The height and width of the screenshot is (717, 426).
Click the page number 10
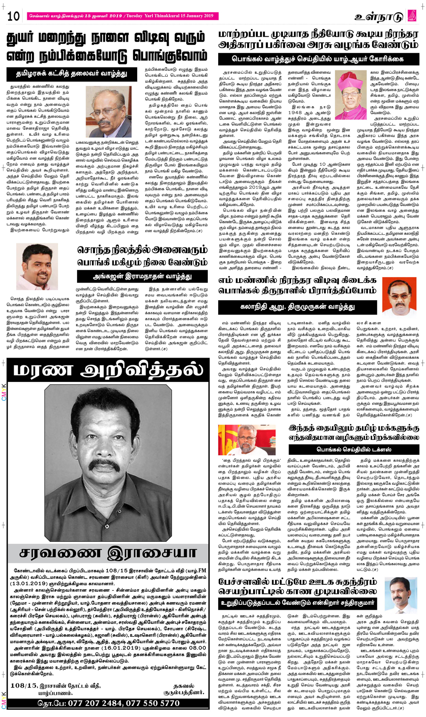[x=14, y=16]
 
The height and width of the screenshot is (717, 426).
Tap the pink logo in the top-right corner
[x=412, y=16]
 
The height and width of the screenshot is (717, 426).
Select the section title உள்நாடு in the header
[x=379, y=17]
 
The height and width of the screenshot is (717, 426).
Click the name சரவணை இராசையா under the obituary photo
[x=108, y=554]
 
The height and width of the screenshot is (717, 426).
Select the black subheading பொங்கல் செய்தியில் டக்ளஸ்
[x=354, y=449]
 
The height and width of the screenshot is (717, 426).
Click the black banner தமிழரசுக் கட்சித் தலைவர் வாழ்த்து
[x=72, y=74]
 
